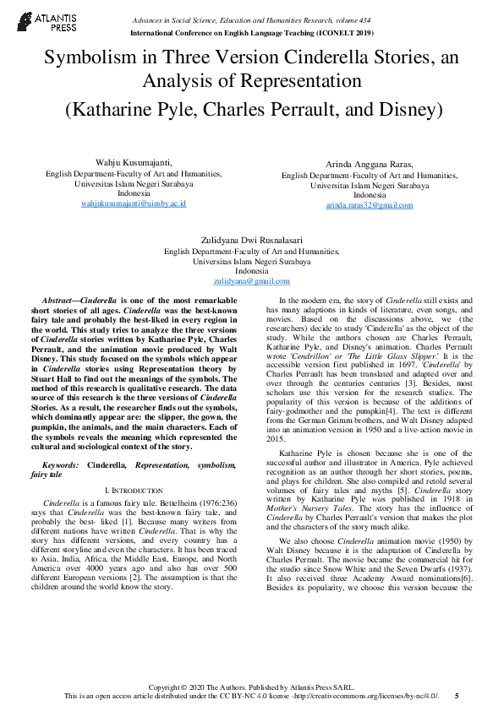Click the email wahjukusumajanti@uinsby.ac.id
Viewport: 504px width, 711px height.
point(133,204)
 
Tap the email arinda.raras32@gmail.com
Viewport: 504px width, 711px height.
point(370,205)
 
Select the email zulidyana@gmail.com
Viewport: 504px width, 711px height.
point(251,281)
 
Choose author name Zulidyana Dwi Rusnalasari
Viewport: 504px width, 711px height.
point(251,241)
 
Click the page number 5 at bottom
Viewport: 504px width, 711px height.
point(457,696)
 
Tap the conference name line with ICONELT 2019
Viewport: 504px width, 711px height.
point(251,33)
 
